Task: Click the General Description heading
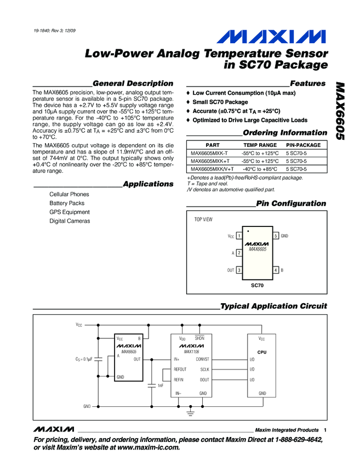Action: (x=133, y=83)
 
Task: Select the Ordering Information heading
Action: (x=284, y=133)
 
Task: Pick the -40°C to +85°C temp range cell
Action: (x=260, y=169)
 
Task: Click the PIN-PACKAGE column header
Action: (x=304, y=145)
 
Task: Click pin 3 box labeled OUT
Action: (x=239, y=271)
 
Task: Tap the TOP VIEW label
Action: (x=203, y=219)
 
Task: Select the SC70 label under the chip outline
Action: (x=257, y=286)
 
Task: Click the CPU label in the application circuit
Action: (x=261, y=352)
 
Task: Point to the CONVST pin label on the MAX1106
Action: (x=202, y=360)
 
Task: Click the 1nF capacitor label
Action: (x=160, y=385)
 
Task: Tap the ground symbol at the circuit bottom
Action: (x=191, y=412)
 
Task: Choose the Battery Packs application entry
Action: (x=67, y=203)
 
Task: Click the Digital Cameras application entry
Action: (x=70, y=221)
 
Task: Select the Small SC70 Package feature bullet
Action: (x=220, y=102)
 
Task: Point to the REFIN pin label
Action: (x=179, y=380)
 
